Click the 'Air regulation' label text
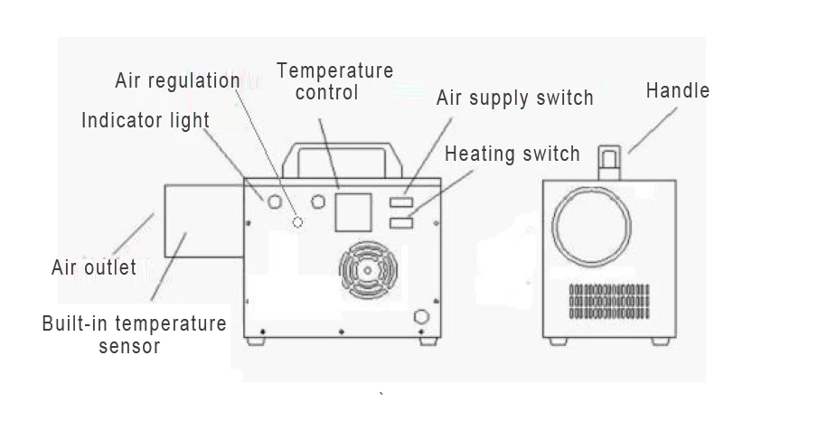(177, 80)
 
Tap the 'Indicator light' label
(146, 120)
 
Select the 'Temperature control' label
(334, 81)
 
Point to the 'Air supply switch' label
(514, 98)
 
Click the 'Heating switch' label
(512, 154)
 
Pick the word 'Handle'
(677, 90)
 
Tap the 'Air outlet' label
(94, 267)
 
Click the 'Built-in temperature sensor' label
(134, 333)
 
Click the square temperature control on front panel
(353, 212)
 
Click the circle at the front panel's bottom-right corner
(419, 316)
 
